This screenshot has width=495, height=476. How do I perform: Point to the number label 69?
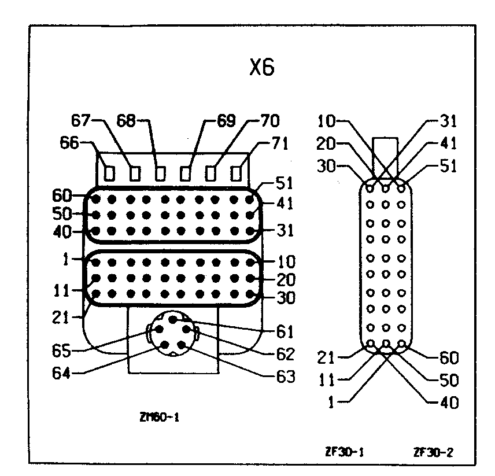pyautogui.click(x=226, y=121)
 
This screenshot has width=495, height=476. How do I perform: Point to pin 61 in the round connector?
pyautogui.click(x=172, y=320)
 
